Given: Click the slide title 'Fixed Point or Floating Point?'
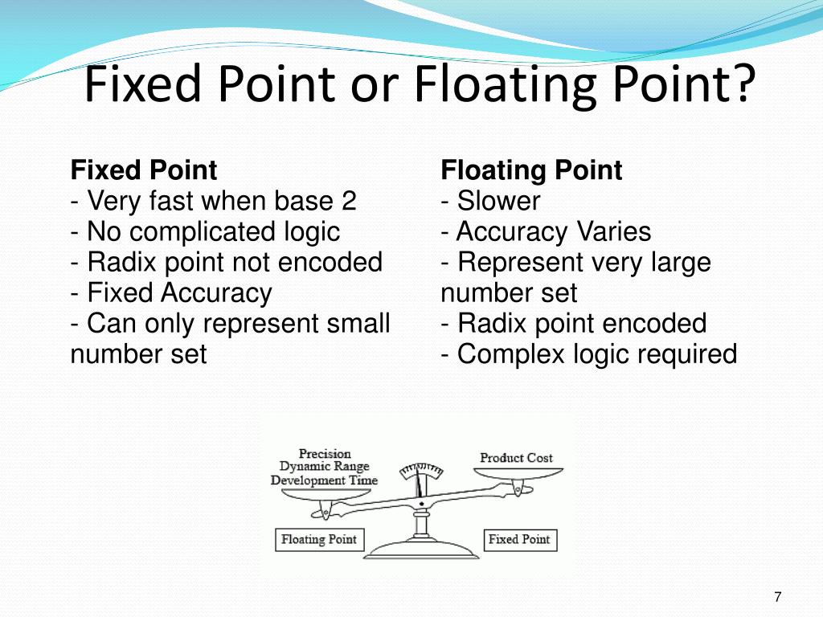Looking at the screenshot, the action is click(x=420, y=84).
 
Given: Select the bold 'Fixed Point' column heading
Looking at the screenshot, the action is click(x=144, y=170).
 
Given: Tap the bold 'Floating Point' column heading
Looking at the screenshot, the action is click(x=531, y=170).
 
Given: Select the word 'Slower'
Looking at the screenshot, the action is click(x=498, y=201).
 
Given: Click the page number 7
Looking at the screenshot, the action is click(x=777, y=597).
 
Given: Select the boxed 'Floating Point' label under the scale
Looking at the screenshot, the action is click(x=318, y=539).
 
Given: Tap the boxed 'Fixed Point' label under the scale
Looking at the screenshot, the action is click(x=519, y=539).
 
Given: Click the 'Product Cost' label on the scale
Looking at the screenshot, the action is click(x=516, y=458).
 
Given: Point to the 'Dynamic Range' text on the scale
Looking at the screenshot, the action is click(x=324, y=467).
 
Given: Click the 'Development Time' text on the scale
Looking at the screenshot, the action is click(x=324, y=480).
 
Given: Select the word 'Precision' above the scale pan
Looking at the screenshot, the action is click(x=325, y=454).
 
